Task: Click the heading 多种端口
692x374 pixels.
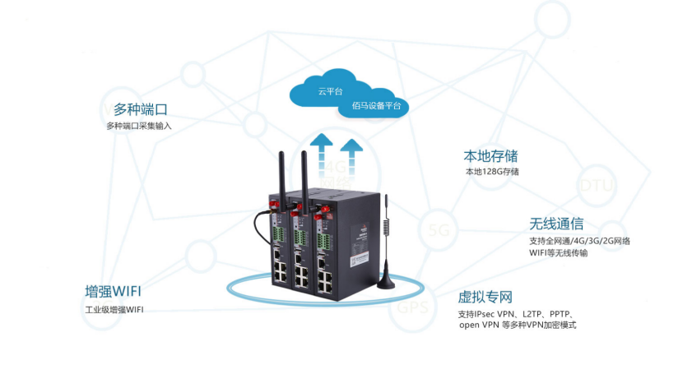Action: click(x=146, y=109)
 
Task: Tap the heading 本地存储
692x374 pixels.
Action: click(x=490, y=155)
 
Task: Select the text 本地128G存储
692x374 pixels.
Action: click(x=492, y=172)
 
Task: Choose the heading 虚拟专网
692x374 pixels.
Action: click(x=485, y=297)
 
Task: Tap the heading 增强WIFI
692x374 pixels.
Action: click(x=118, y=292)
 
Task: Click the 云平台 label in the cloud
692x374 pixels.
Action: click(x=330, y=90)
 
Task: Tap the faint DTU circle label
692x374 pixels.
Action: click(x=596, y=186)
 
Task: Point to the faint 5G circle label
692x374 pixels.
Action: click(x=438, y=230)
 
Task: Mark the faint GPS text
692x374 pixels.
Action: click(x=412, y=309)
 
